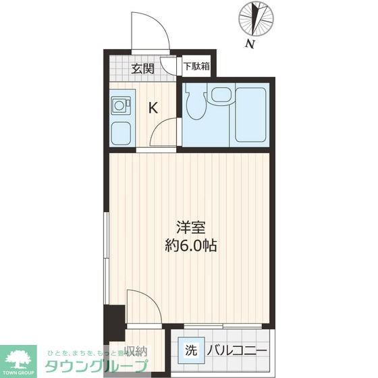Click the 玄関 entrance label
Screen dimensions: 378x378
click(x=142, y=67)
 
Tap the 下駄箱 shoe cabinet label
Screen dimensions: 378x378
click(x=197, y=67)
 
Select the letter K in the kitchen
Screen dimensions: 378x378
click(x=153, y=107)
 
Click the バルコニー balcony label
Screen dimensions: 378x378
click(x=236, y=351)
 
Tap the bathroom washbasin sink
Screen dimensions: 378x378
click(x=220, y=96)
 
